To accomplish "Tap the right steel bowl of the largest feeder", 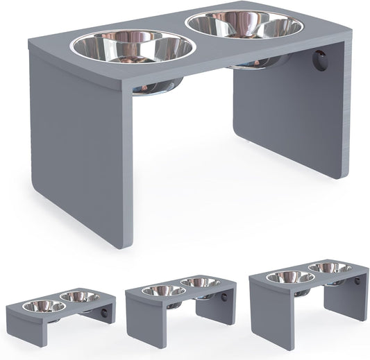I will (245, 26).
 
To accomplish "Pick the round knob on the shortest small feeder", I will (105, 313).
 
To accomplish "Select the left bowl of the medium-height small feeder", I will (162, 291).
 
